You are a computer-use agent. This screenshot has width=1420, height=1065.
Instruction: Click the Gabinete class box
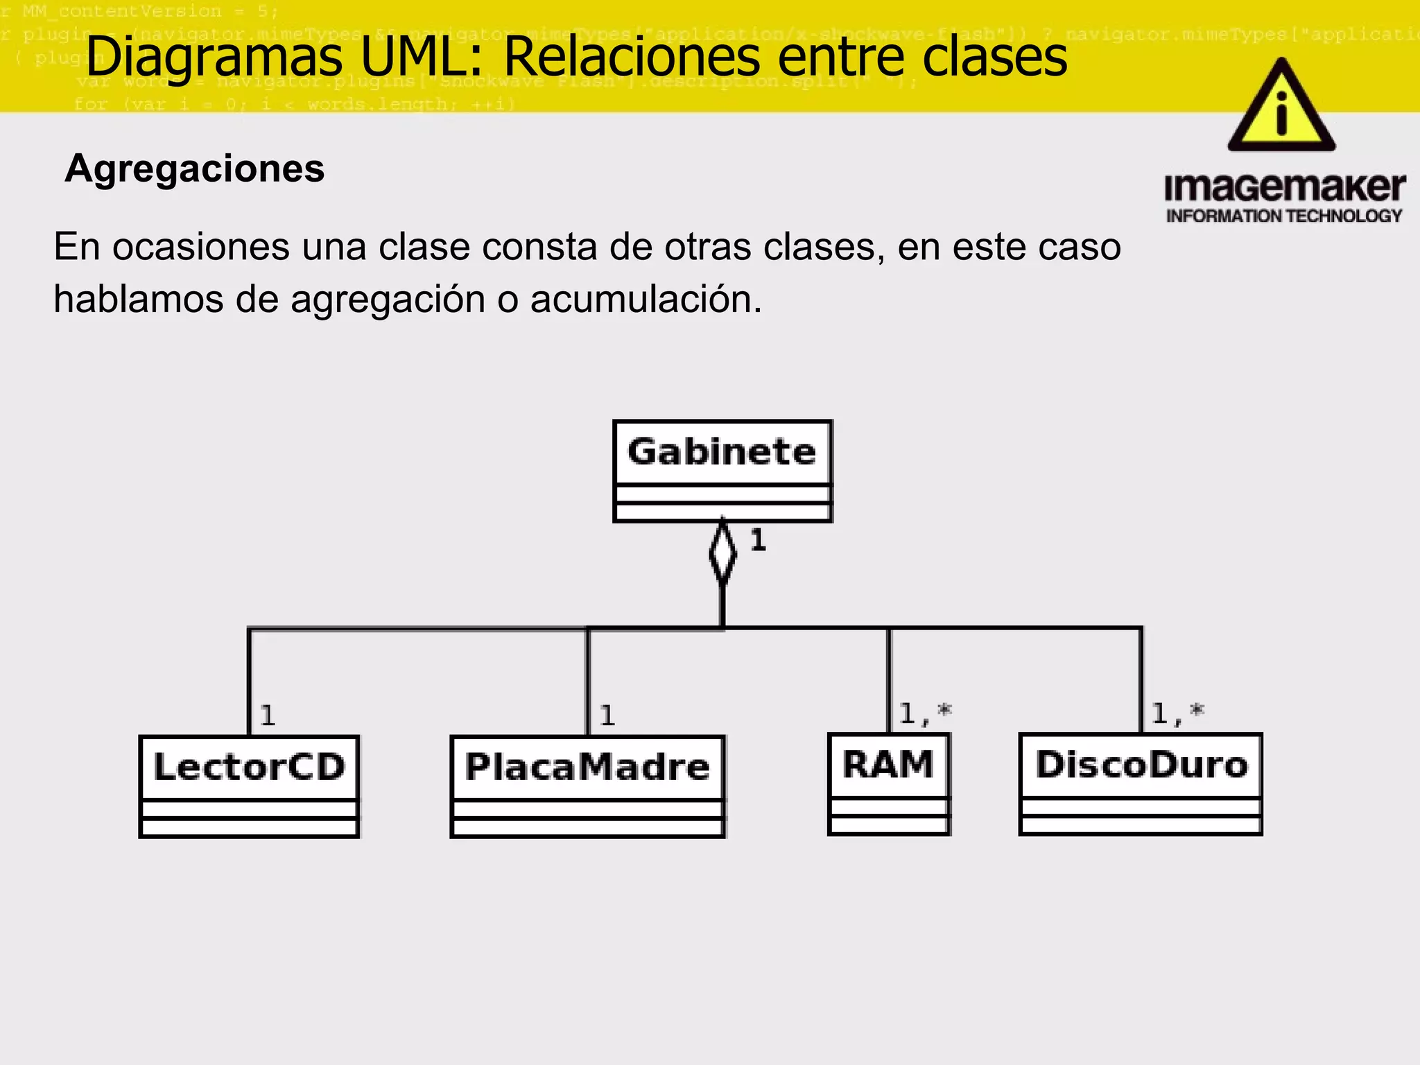[722, 470]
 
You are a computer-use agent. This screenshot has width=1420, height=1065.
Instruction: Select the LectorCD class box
[249, 786]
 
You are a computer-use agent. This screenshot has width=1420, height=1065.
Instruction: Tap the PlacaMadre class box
[587, 786]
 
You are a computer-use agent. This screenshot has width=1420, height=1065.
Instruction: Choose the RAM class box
[888, 783]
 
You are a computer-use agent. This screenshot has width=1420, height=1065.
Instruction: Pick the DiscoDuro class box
[1141, 783]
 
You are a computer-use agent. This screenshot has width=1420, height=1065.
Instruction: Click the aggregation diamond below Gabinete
[722, 553]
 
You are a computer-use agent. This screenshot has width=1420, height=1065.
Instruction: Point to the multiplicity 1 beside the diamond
[758, 540]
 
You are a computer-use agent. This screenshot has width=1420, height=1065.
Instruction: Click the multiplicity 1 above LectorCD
[268, 716]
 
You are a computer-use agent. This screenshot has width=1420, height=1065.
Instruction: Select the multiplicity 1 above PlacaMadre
[607, 716]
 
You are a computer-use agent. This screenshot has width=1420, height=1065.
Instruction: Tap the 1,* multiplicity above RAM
[925, 713]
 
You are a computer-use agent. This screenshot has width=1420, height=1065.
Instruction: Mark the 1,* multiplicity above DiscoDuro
[1177, 713]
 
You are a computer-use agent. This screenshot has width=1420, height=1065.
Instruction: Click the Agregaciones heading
[195, 168]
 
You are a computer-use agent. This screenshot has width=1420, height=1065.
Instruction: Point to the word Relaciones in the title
[632, 57]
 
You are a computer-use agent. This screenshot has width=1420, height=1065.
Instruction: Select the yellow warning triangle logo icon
[1281, 107]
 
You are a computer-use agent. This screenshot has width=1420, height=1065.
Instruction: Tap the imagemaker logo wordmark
[1285, 187]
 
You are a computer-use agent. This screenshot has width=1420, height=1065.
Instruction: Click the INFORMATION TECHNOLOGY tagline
[1284, 216]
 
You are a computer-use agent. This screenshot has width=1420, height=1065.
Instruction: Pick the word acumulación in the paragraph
[646, 300]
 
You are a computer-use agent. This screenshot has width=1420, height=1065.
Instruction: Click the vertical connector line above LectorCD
[249, 683]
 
